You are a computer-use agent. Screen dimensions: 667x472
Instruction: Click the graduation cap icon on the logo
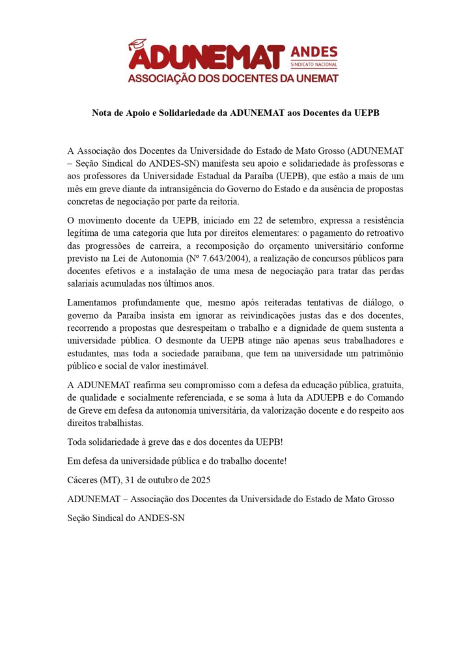point(137,44)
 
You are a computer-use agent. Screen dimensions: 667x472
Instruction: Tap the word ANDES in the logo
point(313,52)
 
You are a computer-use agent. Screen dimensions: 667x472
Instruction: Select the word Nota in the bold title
point(102,113)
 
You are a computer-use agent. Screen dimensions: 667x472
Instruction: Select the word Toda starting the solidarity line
point(77,442)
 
